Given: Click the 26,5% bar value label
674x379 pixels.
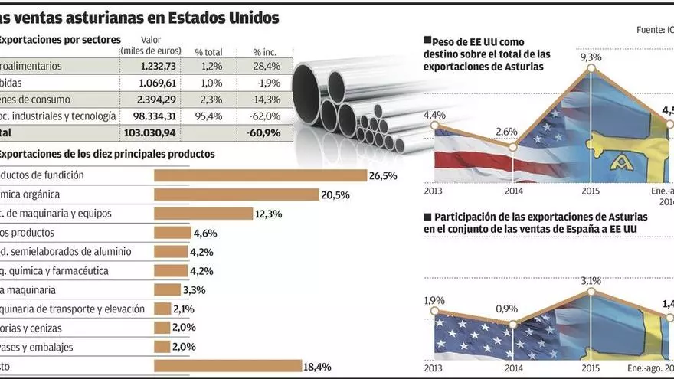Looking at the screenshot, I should click(383, 175).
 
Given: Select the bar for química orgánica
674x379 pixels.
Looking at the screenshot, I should click(236, 194).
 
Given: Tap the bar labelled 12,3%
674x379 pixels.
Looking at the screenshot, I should click(203, 214).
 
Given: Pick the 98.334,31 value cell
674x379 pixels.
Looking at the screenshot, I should click(150, 116).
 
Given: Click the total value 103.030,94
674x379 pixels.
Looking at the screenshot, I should click(149, 133).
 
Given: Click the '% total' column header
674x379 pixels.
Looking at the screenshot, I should click(208, 51).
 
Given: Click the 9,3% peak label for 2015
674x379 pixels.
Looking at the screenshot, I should click(591, 57).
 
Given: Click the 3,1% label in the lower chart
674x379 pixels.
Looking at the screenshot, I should click(591, 281).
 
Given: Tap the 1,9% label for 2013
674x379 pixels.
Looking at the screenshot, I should click(434, 299).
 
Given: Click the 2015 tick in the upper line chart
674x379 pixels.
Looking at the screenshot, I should click(591, 190).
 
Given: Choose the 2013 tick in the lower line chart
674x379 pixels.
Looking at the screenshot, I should click(434, 368).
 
